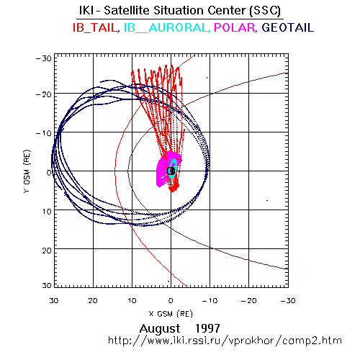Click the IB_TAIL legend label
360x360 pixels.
click(96, 28)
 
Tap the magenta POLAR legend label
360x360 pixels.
click(235, 28)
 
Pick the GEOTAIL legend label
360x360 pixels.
click(288, 27)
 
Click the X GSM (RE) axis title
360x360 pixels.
click(171, 314)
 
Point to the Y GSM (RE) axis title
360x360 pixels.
click(27, 171)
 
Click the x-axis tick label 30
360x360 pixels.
click(54, 301)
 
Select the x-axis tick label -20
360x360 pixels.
click(248, 301)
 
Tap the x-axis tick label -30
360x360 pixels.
click(288, 301)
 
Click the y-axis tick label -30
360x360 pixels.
click(44, 58)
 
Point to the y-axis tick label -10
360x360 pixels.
click(44, 133)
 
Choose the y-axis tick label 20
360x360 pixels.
click(47, 251)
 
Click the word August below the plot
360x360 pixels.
click(160, 329)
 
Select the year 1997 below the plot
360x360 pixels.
click(207, 328)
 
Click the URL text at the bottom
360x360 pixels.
click(225, 341)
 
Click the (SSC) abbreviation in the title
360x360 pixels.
click(265, 11)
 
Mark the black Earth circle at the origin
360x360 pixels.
click(171, 171)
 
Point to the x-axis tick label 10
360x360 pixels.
click(132, 301)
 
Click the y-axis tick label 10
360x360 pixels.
click(47, 212)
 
